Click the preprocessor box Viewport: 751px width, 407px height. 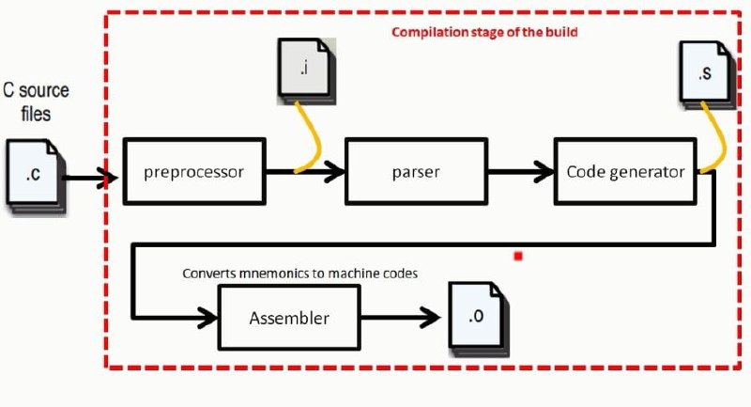click(194, 172)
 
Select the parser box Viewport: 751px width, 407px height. click(416, 172)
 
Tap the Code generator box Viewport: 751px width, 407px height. click(625, 172)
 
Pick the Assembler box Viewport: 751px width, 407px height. click(289, 318)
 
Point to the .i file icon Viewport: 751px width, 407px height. click(307, 70)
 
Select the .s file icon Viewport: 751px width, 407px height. click(707, 75)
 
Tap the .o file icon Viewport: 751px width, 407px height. click(479, 319)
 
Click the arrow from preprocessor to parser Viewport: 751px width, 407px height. click(305, 172)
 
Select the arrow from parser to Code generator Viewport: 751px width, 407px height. click(521, 172)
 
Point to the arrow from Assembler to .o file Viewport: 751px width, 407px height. click(401, 318)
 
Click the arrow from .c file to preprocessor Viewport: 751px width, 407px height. click(90, 179)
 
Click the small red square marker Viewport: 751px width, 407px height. click(518, 257)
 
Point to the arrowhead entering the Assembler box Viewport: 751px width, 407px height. click(209, 318)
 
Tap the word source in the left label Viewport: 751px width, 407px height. click(44, 90)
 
